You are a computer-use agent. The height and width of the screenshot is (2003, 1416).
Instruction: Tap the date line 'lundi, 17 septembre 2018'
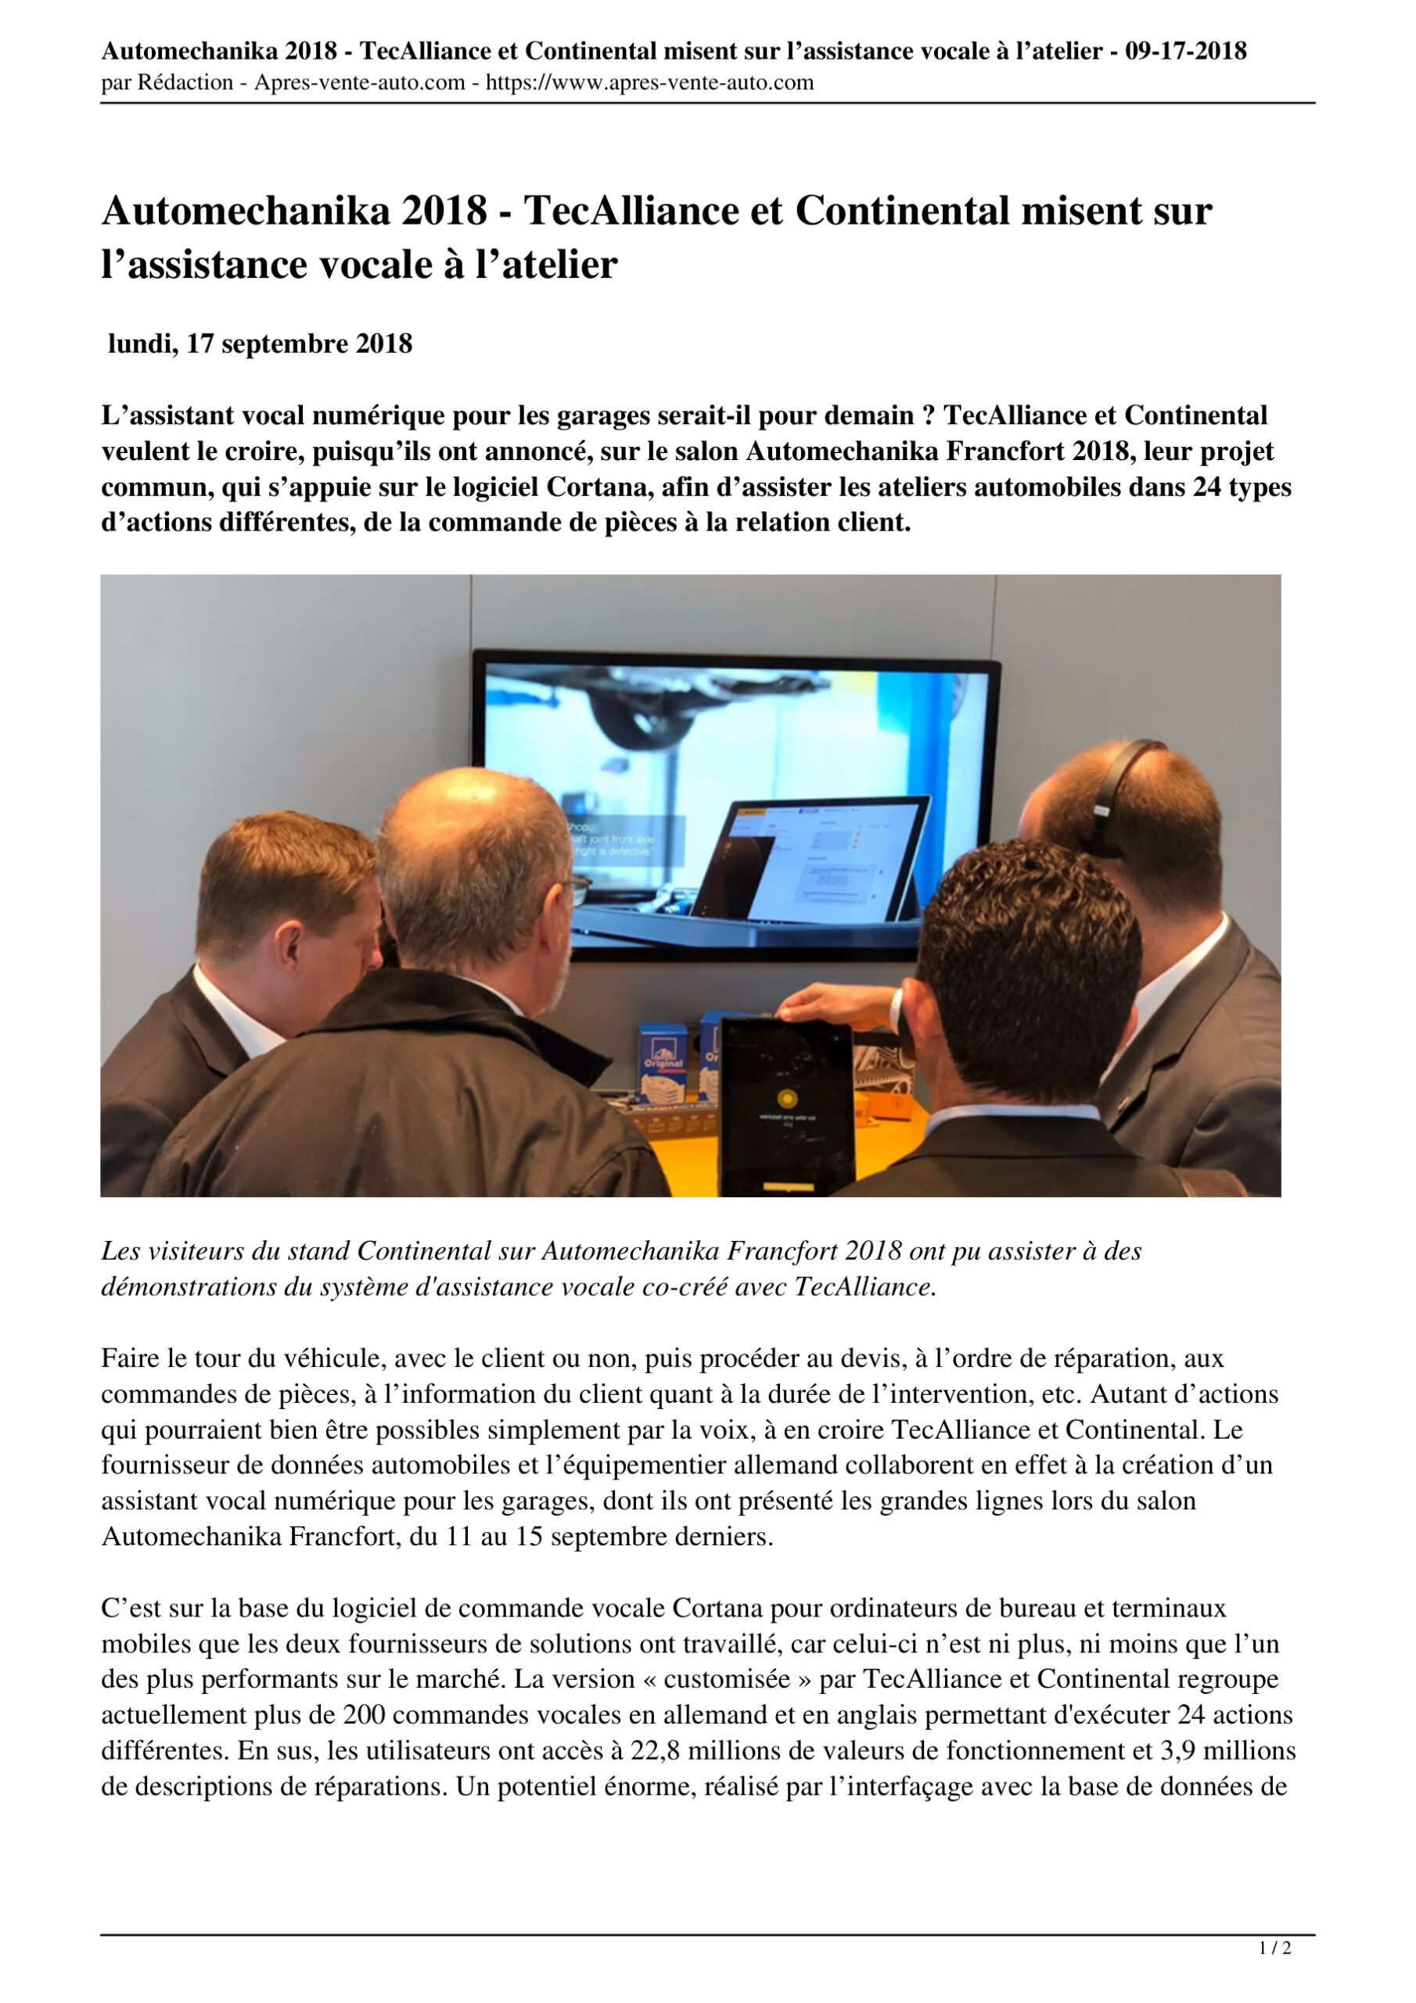click(x=260, y=344)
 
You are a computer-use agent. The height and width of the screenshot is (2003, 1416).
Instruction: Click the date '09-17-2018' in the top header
click(x=1184, y=52)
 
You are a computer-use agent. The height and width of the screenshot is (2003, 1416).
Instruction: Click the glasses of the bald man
click(x=577, y=888)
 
